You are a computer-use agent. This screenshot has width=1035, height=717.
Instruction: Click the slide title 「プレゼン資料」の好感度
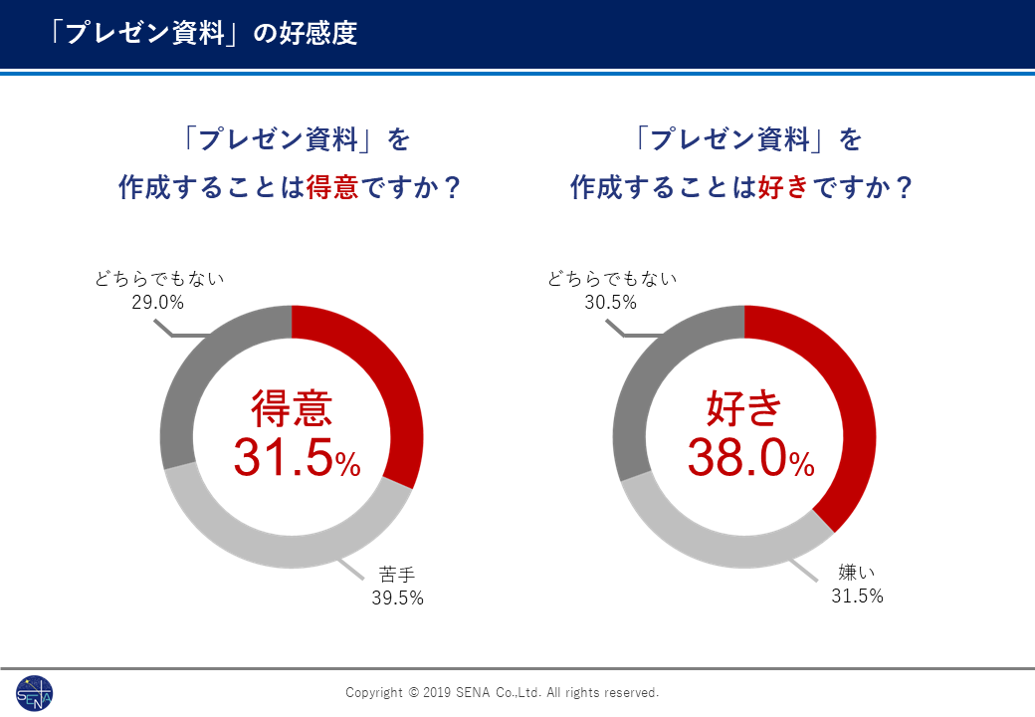point(204,33)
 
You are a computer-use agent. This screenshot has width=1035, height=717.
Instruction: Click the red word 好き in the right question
point(783,187)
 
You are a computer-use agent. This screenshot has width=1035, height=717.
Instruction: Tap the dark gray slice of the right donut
point(647,378)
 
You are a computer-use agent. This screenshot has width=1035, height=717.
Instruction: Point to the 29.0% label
point(158,302)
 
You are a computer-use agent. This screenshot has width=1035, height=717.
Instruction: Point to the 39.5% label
point(397,597)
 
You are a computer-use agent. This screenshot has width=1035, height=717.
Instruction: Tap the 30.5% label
point(610,302)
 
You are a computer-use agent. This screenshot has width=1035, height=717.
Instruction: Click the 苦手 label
point(397,575)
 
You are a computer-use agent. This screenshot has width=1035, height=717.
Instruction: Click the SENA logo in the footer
point(35,693)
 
